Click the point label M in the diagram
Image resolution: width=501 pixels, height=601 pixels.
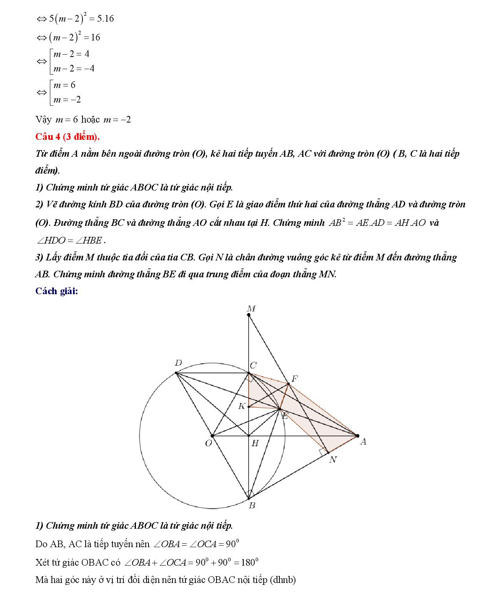pos(251,309)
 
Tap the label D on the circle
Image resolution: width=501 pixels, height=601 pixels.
pos(178,363)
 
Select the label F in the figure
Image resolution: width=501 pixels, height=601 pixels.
pos(295,379)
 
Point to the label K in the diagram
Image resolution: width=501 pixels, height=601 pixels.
pos(242,406)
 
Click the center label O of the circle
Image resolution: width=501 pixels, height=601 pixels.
pos(208,443)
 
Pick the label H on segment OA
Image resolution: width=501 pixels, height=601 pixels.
pos(255,443)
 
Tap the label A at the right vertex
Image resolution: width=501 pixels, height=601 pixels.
pos(363,442)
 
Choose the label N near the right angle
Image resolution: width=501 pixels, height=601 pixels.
pos(333,460)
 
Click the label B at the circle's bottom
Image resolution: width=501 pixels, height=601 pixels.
pos(252,506)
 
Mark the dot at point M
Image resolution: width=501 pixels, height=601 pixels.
pos(249,315)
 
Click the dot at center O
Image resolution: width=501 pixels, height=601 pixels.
pos(212,436)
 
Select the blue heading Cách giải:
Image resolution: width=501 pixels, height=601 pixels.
pos(57,291)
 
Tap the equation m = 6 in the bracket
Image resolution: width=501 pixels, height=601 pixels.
pos(64,85)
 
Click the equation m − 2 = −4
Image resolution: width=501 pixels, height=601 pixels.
pos(74,69)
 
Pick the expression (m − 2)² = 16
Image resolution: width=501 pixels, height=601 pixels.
pos(75,38)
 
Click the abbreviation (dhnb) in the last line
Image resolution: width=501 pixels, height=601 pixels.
pos(283,580)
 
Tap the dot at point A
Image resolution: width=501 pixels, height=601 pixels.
pos(357,436)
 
